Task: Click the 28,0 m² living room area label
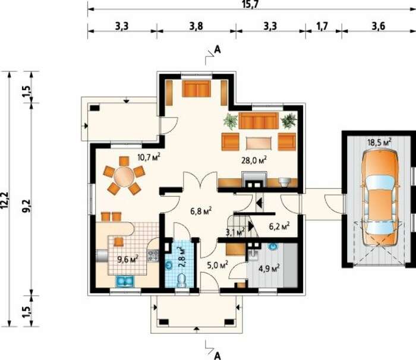click(x=254, y=160)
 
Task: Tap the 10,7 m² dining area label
click(x=149, y=157)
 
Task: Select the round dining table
click(x=124, y=176)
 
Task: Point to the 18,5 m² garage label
click(x=379, y=142)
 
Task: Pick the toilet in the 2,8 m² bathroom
click(x=181, y=280)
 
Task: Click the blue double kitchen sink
click(x=125, y=281)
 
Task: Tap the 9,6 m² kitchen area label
click(x=128, y=259)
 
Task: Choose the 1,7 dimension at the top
click(x=322, y=26)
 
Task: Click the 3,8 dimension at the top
click(x=196, y=26)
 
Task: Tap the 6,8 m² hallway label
click(x=201, y=211)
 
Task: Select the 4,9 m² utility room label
click(x=269, y=268)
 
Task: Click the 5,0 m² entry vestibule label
click(x=218, y=265)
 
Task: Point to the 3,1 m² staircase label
click(x=235, y=232)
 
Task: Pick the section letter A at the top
click(x=218, y=49)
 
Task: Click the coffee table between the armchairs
click(x=259, y=144)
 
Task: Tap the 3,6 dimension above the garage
click(x=379, y=26)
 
